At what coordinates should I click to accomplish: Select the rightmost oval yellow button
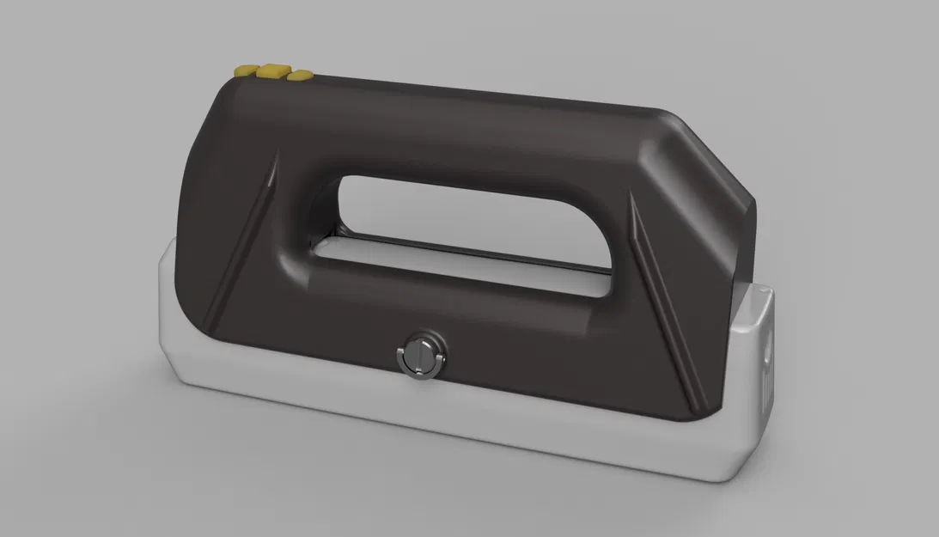[299, 76]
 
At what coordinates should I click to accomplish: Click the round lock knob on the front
[420, 352]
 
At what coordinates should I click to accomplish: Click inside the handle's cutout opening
[464, 223]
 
